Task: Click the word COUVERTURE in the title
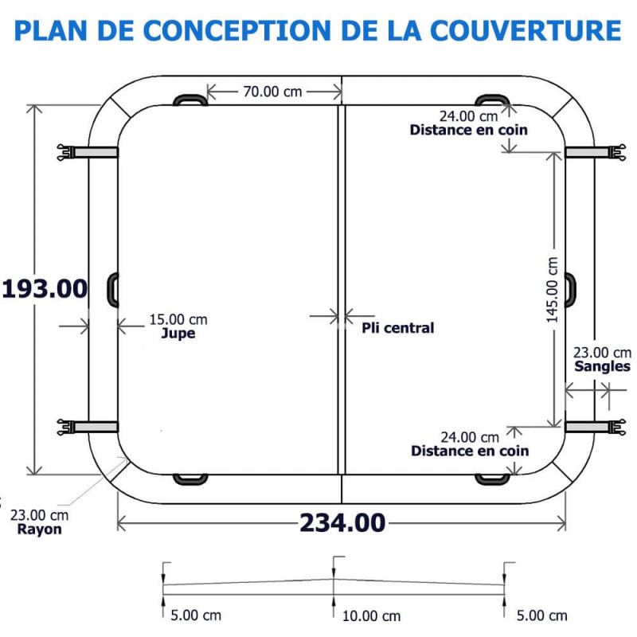click(526, 30)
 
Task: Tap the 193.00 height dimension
click(45, 289)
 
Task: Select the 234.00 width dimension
click(342, 523)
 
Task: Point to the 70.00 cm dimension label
click(272, 92)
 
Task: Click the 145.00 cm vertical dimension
click(553, 290)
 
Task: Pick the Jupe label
click(178, 334)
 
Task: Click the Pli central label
click(397, 328)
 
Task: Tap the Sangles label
click(602, 366)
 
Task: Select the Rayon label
click(39, 530)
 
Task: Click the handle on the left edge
click(112, 290)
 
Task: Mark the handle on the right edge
click(571, 290)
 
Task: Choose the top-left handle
click(190, 100)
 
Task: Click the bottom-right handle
click(492, 479)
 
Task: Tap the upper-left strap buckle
click(66, 152)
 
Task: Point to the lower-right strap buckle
click(616, 428)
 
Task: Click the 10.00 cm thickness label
click(371, 616)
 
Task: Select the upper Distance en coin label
click(468, 130)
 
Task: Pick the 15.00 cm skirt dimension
click(178, 320)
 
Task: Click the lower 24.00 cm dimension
click(470, 437)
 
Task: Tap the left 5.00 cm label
click(196, 616)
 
